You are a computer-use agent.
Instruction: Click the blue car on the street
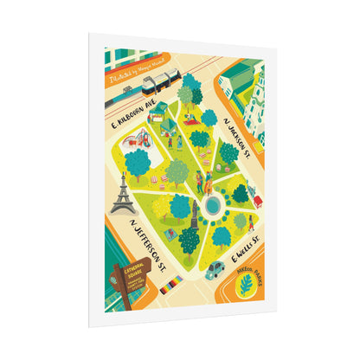(x=214, y=268)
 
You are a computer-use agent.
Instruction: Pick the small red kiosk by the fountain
(x=257, y=201)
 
